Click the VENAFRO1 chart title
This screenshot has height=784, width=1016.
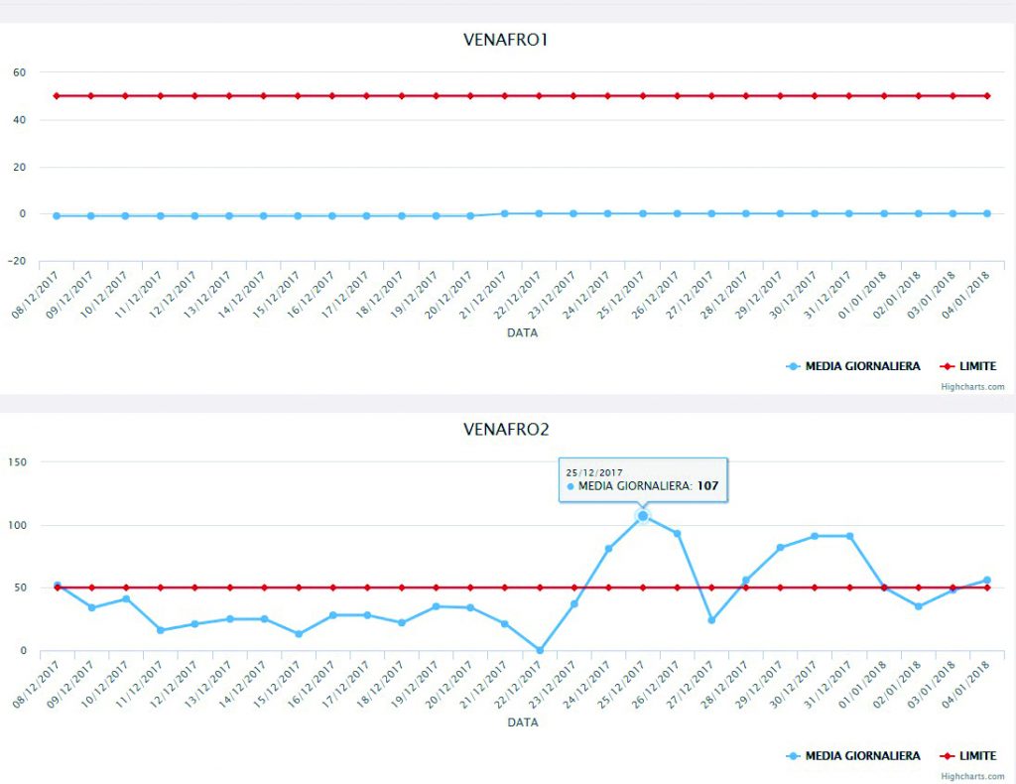pos(506,41)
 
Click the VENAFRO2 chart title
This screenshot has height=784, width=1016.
pos(506,430)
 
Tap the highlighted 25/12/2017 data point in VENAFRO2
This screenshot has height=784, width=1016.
pos(643,516)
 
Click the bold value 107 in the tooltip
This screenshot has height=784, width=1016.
pos(706,486)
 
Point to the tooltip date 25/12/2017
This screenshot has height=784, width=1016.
pos(593,472)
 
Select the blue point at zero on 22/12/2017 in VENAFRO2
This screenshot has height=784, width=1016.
pos(540,650)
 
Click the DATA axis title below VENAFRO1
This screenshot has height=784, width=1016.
pos(523,333)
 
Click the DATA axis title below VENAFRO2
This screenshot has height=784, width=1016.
pos(523,723)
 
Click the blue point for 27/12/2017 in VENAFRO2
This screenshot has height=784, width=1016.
pos(711,620)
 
